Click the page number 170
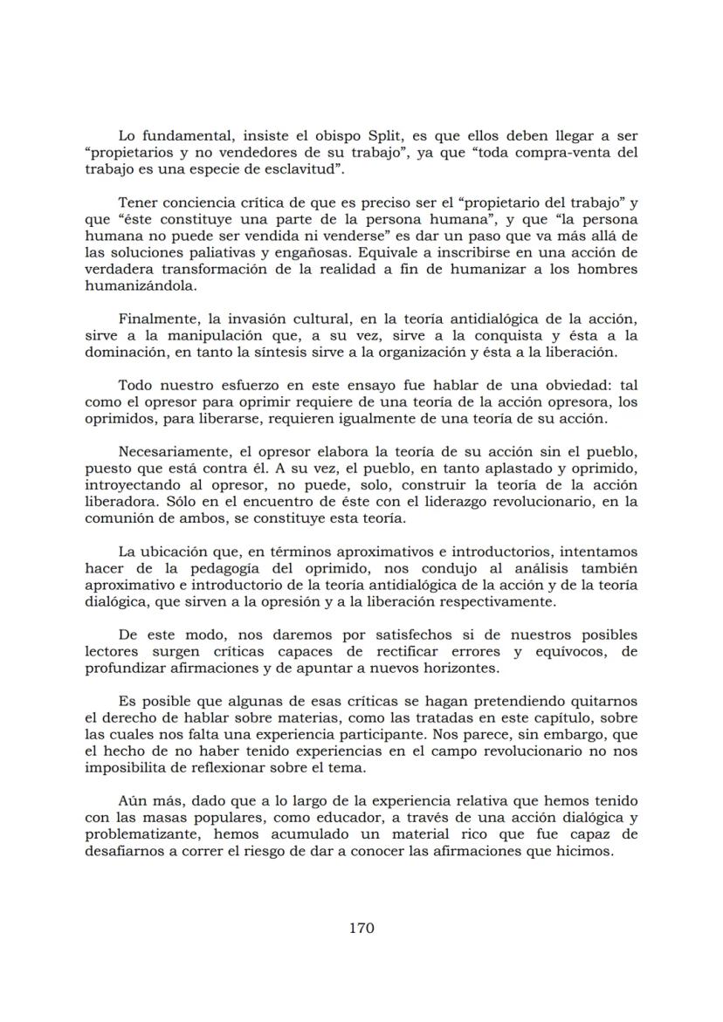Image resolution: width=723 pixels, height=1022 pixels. (x=361, y=927)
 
